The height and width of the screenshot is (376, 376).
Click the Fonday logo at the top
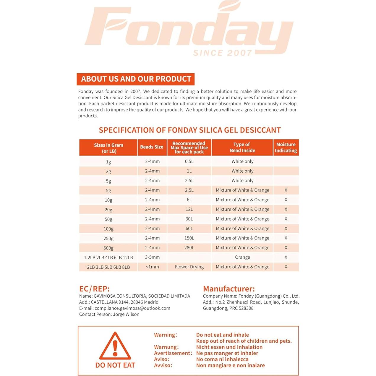pyautogui.click(x=189, y=28)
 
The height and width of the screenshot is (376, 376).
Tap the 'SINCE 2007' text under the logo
pyautogui.click(x=222, y=53)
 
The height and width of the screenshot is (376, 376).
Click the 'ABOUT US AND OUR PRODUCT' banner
pyautogui.click(x=136, y=79)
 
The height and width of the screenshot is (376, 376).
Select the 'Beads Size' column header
pyautogui.click(x=152, y=147)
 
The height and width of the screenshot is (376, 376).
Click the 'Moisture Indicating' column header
pyautogui.click(x=286, y=147)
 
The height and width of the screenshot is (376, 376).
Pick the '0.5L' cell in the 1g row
pyautogui.click(x=189, y=161)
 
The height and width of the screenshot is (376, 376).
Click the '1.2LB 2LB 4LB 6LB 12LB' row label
pyautogui.click(x=108, y=257)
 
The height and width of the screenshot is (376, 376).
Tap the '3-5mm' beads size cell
pyautogui.click(x=152, y=257)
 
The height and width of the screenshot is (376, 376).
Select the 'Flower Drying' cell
pyautogui.click(x=189, y=267)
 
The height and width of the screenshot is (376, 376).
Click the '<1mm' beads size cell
pyautogui.click(x=152, y=267)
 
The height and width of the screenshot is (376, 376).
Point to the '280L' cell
pyautogui.click(x=189, y=248)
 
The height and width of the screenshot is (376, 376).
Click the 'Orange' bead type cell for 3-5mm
pyautogui.click(x=242, y=257)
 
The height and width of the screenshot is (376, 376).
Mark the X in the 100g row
pyautogui.click(x=286, y=228)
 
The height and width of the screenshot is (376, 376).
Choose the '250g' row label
pyautogui.click(x=108, y=238)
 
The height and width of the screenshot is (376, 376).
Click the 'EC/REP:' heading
pyautogui.click(x=94, y=289)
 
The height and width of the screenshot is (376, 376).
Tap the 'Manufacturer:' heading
pyautogui.click(x=229, y=289)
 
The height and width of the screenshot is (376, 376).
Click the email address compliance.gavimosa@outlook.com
pyautogui.click(x=132, y=308)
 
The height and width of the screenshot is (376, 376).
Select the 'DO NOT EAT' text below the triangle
pyautogui.click(x=115, y=365)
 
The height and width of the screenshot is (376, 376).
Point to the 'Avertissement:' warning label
pyautogui.click(x=173, y=353)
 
